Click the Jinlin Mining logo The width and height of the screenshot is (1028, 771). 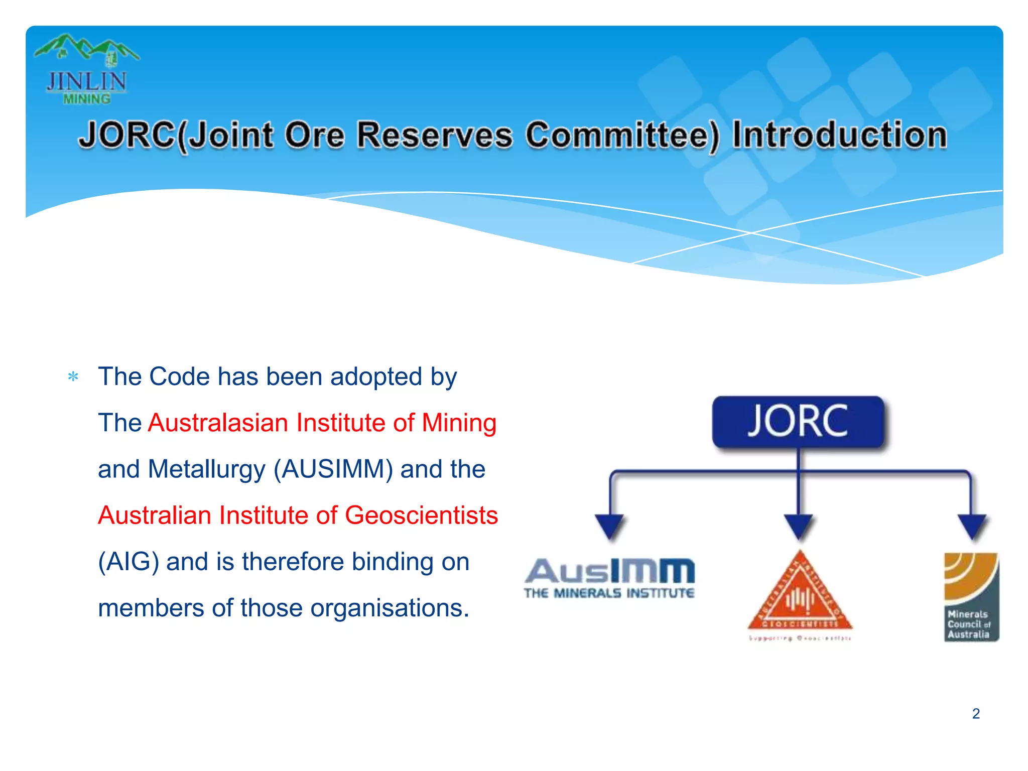point(86,69)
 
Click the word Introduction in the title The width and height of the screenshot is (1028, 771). point(839,135)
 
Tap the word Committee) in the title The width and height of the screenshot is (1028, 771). point(622,136)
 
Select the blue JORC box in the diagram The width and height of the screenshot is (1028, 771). point(798,422)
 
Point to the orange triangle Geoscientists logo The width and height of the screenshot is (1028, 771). point(800,595)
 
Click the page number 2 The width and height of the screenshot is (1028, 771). point(976,713)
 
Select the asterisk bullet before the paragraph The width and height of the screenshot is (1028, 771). point(73,376)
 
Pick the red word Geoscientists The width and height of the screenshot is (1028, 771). point(421,516)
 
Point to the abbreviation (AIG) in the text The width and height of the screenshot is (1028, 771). point(128,562)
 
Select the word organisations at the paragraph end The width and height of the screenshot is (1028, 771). point(390,608)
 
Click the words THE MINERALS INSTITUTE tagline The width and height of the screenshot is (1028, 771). point(609,593)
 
